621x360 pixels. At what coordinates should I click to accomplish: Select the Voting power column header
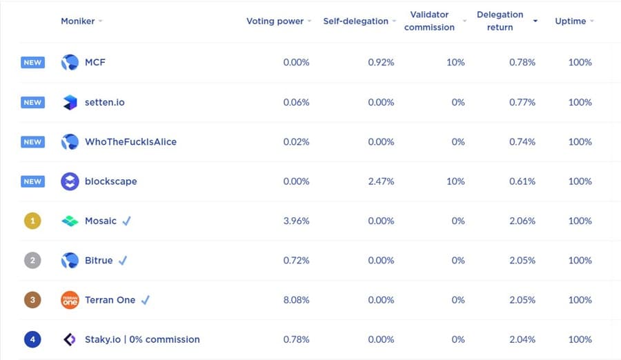pos(275,21)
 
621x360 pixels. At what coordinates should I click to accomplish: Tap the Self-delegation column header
pos(355,21)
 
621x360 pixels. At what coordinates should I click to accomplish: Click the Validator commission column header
pos(429,21)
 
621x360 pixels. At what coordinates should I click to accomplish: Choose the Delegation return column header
pos(500,21)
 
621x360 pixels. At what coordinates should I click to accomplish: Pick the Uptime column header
pos(571,21)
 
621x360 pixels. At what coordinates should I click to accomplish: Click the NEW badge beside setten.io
pos(32,102)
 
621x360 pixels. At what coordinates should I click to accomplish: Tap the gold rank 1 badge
pos(32,221)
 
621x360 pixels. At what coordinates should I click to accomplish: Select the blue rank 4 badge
pos(32,339)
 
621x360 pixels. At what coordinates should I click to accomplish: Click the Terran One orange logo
pos(70,300)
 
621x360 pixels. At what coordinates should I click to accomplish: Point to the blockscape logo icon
pos(70,181)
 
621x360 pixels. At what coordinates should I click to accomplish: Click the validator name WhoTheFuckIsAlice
pos(130,142)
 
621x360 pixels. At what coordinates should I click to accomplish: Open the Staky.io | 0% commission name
pos(142,339)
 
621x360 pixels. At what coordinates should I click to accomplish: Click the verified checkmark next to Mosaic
pos(126,221)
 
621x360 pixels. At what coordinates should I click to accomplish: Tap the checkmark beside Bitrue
pos(123,261)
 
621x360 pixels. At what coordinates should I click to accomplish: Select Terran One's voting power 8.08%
pos(296,300)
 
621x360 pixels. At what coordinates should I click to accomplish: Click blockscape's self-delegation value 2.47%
pos(381,181)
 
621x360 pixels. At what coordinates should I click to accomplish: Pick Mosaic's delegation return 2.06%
pos(522,221)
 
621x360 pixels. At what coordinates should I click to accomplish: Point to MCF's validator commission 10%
pos(455,63)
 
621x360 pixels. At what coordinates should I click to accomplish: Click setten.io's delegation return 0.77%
pos(522,102)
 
